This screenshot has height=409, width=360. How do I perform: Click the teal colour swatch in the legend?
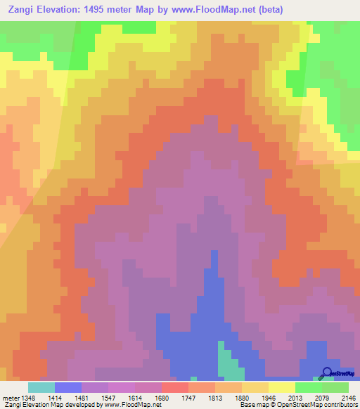[41, 387]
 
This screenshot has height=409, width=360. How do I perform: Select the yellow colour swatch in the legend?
[282, 387]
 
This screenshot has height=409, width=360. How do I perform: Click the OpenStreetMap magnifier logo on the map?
[327, 373]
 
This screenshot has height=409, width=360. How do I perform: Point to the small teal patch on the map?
[226, 361]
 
